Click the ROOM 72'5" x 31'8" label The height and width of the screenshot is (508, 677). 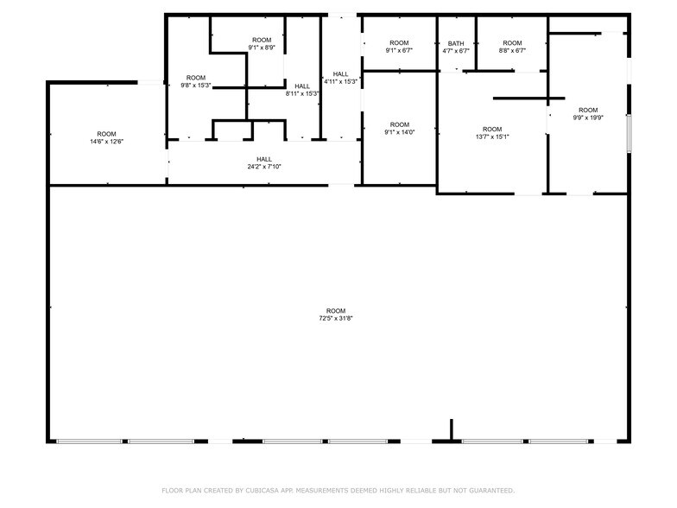point(336,314)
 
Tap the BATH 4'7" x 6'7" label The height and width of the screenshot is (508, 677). point(456,47)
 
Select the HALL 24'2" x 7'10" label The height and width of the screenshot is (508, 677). point(264,162)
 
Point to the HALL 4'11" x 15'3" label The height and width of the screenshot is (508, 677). point(340,78)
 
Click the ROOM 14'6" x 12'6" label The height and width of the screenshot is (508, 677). point(106,137)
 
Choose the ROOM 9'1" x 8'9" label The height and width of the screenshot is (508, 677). point(262,44)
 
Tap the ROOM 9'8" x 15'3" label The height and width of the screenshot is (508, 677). point(196,81)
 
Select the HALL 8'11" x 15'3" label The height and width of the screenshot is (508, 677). point(302,90)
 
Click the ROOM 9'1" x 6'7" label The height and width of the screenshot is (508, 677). point(399,47)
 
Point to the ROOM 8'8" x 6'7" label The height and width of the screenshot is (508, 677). point(513,47)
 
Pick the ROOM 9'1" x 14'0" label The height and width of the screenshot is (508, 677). point(399,129)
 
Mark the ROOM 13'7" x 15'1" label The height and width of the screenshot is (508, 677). point(492,133)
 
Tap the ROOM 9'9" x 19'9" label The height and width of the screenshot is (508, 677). point(588,114)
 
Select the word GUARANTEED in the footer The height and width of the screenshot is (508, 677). point(489,490)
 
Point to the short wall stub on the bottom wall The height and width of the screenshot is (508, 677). point(452,430)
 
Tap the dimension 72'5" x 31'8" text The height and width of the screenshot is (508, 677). point(336,319)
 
